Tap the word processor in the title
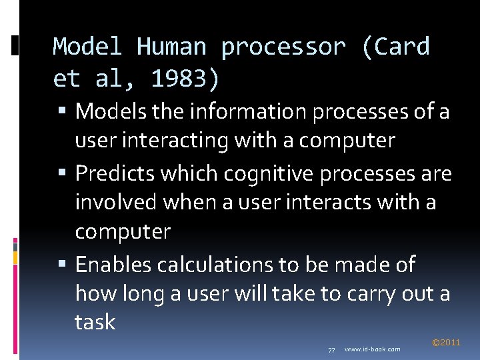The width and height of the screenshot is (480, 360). [x=283, y=47]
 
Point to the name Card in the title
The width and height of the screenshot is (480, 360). [x=403, y=47]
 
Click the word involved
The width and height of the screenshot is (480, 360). [x=119, y=202]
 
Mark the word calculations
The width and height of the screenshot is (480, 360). [x=217, y=265]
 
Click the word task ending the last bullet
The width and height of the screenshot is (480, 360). [x=95, y=322]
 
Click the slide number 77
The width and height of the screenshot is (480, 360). [x=331, y=349]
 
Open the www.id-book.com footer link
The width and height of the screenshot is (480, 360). [x=373, y=349]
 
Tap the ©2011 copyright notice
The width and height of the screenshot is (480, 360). [x=446, y=343]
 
